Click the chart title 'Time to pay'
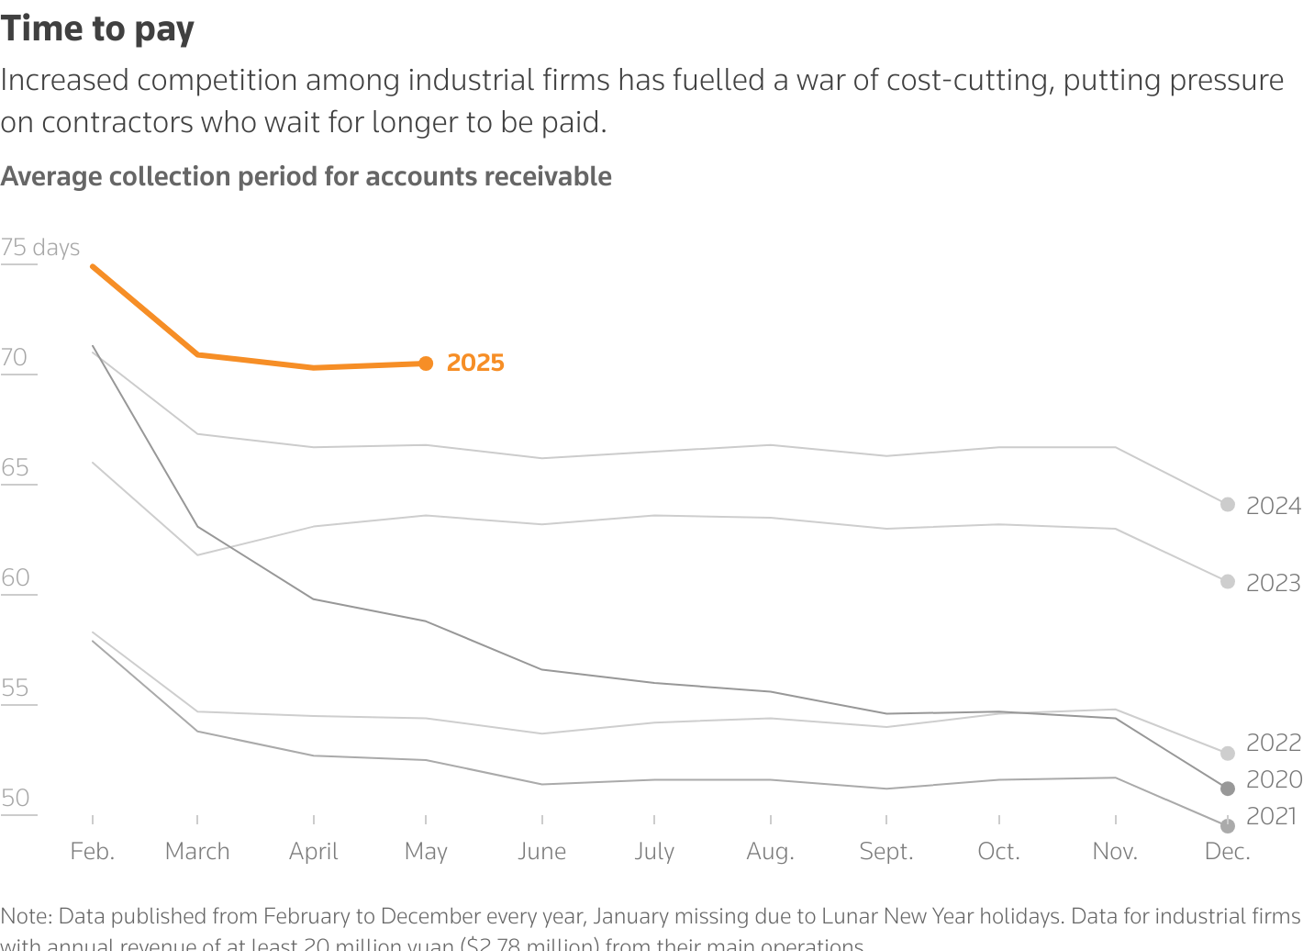pos(97,29)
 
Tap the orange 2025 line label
pos(475,364)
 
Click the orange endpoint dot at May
pos(426,364)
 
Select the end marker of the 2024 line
pos(1228,505)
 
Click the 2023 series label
pos(1273,583)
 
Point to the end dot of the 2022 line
pos(1228,754)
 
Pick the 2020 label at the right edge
pos(1273,779)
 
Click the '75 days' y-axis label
pos(40,248)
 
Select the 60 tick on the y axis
pos(16,578)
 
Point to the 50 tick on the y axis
pos(16,799)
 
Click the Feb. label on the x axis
pos(93,852)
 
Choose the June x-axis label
pos(541,852)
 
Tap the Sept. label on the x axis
pos(886,852)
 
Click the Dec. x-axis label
pos(1228,852)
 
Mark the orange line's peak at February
pos(93,266)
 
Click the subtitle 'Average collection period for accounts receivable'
pos(306,176)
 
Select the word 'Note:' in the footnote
pos(27,916)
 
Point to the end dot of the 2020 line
pos(1228,789)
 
